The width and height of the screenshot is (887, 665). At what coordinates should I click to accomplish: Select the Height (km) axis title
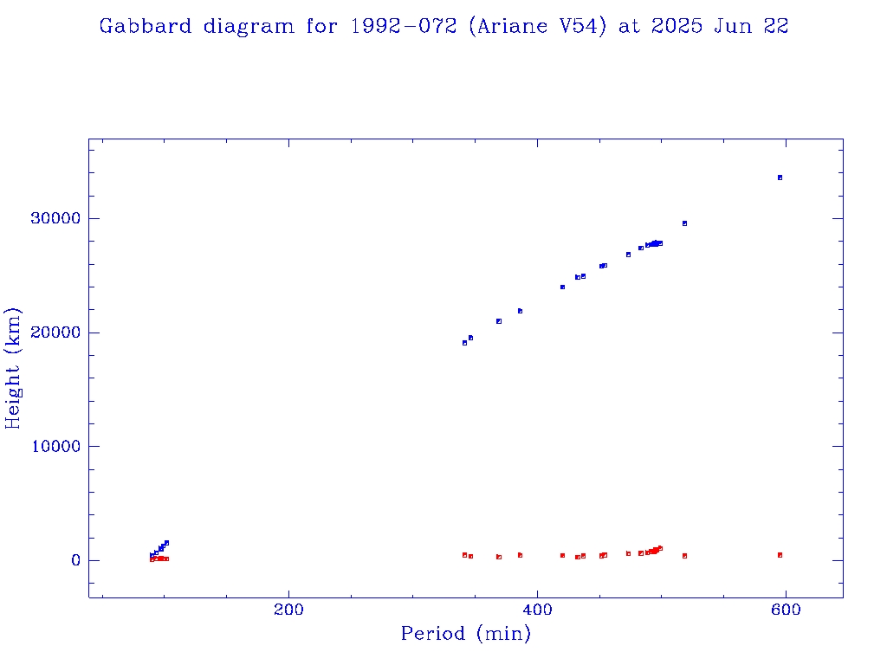click(14, 368)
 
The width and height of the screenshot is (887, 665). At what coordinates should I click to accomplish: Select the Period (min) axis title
click(465, 634)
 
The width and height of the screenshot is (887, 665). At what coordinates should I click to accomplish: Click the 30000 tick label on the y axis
click(55, 218)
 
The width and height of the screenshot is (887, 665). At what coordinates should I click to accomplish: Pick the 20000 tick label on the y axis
click(55, 332)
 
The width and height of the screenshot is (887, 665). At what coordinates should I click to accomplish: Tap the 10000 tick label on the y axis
click(55, 447)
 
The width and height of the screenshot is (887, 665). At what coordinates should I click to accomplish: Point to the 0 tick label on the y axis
click(74, 561)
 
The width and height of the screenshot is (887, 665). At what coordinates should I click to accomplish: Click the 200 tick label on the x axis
click(288, 610)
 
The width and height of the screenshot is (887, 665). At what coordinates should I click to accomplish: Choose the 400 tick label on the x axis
click(537, 610)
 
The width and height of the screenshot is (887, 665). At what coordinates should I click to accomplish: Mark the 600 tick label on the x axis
click(786, 610)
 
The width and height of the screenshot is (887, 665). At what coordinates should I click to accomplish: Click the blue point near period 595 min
click(780, 178)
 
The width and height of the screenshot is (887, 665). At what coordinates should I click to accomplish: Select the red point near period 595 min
click(780, 555)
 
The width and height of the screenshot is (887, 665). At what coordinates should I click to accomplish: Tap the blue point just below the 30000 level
click(684, 223)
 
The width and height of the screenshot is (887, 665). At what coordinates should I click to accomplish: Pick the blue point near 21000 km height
click(499, 321)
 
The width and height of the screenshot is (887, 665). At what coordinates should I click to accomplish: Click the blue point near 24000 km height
click(562, 287)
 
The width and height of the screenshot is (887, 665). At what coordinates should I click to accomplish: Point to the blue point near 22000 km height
click(520, 311)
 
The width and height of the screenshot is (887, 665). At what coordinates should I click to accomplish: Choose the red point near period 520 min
click(684, 556)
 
